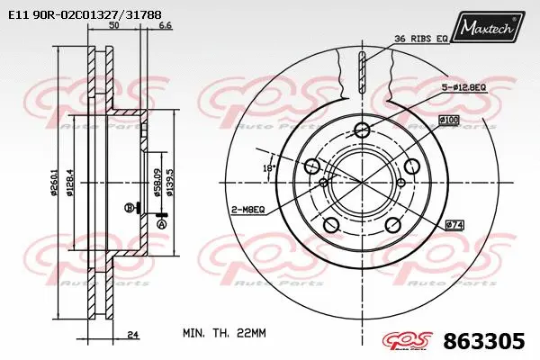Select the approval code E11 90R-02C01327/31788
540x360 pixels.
tap(85, 14)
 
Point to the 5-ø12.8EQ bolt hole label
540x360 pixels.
tap(463, 87)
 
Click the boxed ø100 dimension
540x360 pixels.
tap(448, 120)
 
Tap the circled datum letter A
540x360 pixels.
tap(162, 224)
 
